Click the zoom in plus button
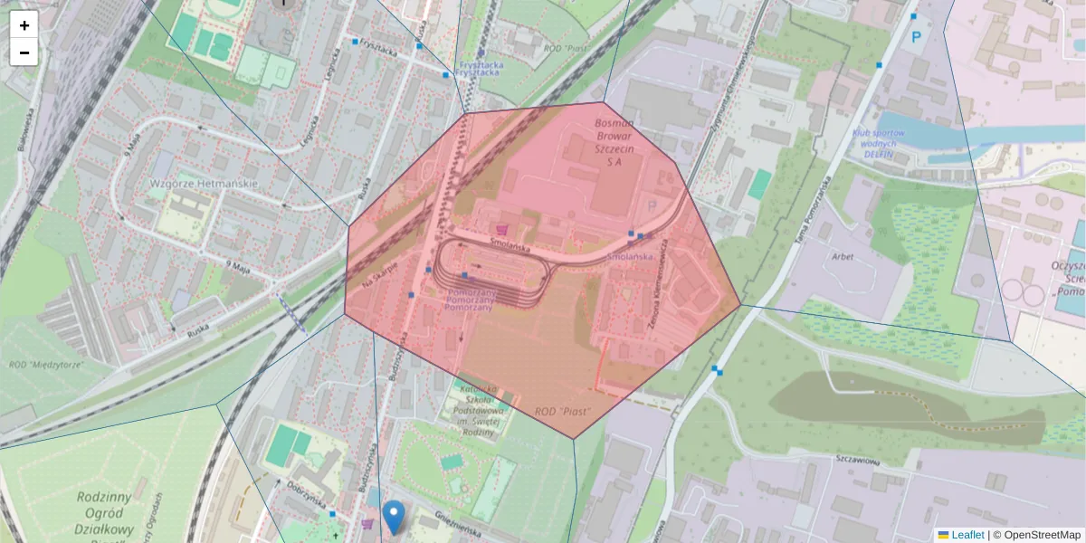point(24,25)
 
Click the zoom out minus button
point(24,52)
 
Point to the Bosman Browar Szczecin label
point(614,140)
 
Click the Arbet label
point(843,256)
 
